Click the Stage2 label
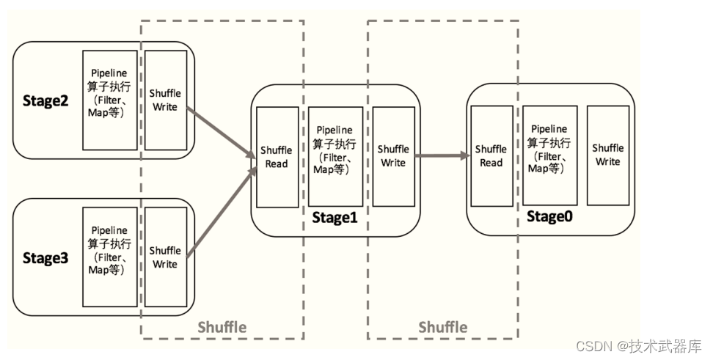coord(45,100)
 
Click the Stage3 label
coord(45,257)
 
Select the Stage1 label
coord(334,217)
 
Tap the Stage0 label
coord(549,217)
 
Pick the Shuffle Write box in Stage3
coord(165,257)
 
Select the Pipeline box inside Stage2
coord(110,100)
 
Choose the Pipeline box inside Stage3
coord(110,257)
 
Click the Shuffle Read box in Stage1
coord(277,156)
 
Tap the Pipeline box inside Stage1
coord(335,156)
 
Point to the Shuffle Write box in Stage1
coord(393,156)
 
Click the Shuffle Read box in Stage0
coord(491,155)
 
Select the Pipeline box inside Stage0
coord(550,155)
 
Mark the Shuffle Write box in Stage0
coord(608,155)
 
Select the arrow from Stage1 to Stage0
coord(442,155)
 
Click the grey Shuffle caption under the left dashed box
coord(222,327)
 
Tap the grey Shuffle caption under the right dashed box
coord(443,327)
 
